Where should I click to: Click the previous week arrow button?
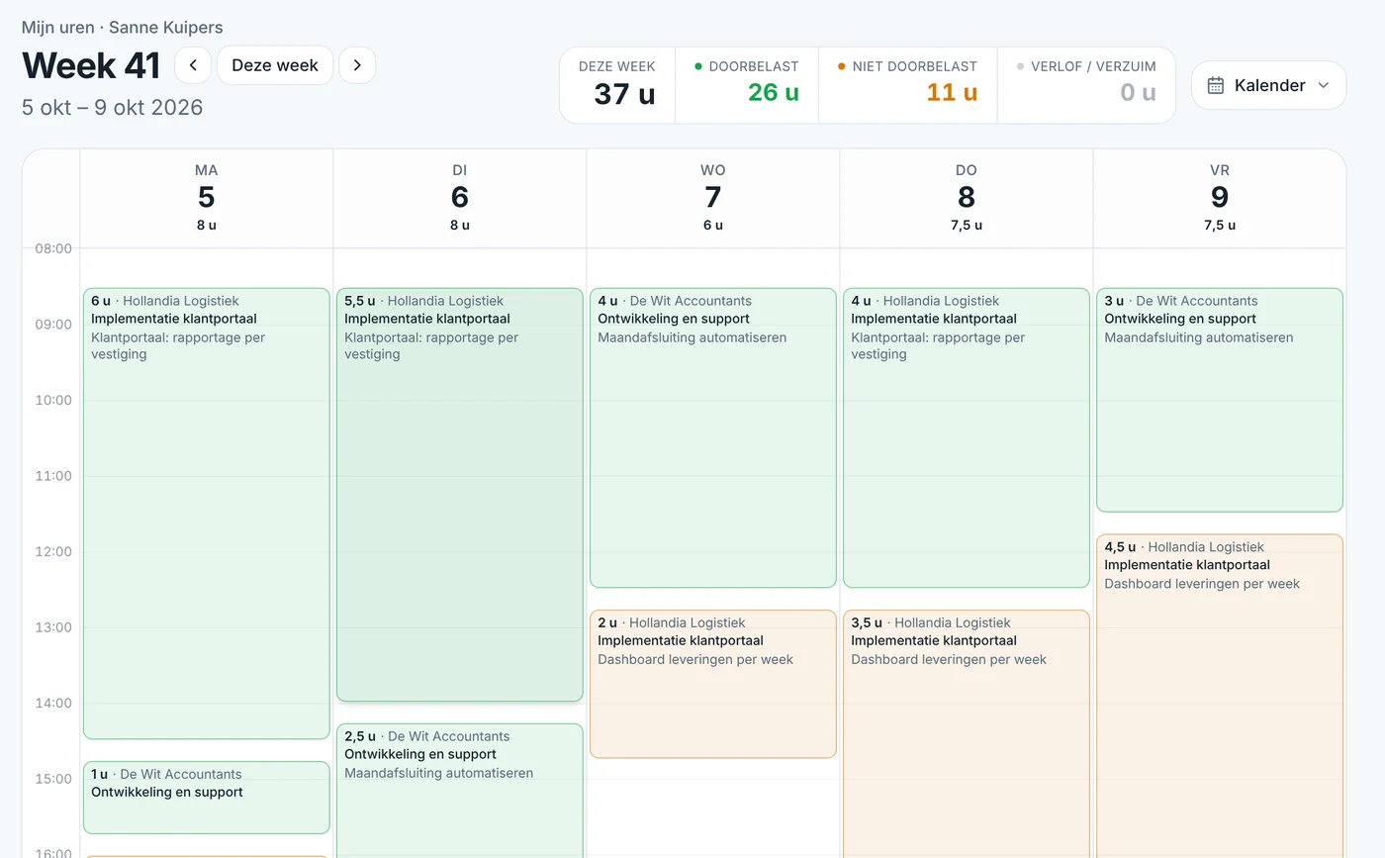(193, 65)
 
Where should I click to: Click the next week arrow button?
(357, 65)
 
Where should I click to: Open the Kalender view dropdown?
(1268, 85)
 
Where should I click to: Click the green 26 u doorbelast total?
(774, 92)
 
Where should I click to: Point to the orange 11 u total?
(952, 92)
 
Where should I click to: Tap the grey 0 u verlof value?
(1138, 92)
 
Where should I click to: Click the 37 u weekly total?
(624, 94)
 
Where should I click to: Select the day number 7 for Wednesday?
(713, 197)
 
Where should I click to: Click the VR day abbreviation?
(1219, 170)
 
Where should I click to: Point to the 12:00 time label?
(53, 551)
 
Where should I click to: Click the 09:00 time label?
(53, 325)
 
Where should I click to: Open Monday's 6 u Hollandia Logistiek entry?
(207, 514)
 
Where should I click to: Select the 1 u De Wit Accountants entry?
(207, 798)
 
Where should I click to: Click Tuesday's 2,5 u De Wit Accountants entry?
(459, 791)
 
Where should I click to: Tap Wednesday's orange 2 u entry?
(713, 684)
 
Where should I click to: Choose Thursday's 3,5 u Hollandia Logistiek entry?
(966, 733)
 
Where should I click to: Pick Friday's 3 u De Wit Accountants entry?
(1219, 400)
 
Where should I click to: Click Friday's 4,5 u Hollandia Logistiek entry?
(1219, 696)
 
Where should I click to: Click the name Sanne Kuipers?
(166, 28)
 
